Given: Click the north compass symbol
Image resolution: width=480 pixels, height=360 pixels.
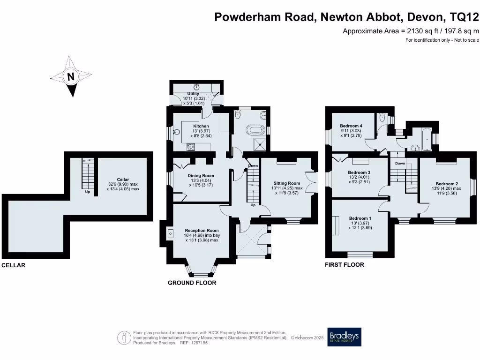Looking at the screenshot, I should [x=71, y=76].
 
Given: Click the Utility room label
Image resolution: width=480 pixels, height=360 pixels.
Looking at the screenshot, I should [x=193, y=94].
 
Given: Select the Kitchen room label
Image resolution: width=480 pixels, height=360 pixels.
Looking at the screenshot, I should [x=201, y=126].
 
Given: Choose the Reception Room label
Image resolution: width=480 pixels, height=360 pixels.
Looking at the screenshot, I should [x=202, y=231].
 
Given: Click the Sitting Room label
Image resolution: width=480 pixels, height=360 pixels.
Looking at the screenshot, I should [x=287, y=183].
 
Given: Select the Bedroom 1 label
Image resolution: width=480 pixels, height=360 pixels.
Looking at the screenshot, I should [x=360, y=218].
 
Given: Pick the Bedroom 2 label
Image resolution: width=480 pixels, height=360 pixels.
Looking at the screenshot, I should [x=447, y=183].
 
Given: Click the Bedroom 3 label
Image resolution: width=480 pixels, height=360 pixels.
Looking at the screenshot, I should [x=360, y=172].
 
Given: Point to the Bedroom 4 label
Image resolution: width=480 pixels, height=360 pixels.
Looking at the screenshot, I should [x=351, y=126].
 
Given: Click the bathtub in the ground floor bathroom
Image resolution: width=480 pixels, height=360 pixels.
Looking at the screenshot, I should [x=256, y=129].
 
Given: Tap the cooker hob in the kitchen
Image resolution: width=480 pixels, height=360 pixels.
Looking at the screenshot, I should [x=191, y=147].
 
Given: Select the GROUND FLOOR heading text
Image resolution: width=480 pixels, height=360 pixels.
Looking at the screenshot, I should [x=192, y=283].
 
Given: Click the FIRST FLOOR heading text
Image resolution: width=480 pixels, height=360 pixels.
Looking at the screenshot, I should [x=345, y=265].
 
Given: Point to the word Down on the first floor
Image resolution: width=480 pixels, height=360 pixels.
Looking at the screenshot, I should [x=400, y=164].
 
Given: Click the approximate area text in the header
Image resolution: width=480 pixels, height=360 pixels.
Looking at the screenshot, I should [x=411, y=31].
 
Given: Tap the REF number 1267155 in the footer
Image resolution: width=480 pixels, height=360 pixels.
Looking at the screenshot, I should [x=198, y=343].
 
